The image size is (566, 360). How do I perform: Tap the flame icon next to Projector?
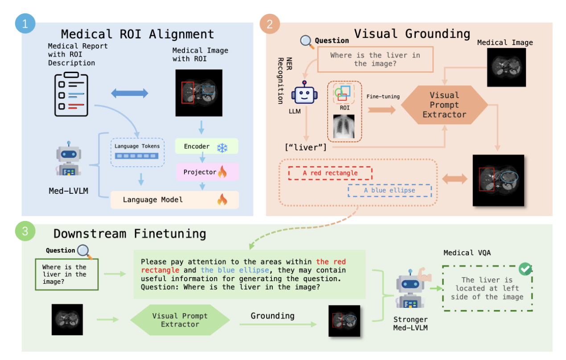coord(221,172)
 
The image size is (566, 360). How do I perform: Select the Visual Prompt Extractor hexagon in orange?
coord(444,105)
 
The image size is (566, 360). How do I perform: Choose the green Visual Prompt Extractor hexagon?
coord(180,320)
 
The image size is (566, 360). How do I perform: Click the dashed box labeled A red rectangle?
coord(330,173)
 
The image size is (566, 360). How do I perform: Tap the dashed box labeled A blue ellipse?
coord(390,190)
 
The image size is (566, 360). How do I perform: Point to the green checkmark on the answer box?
coord(526,269)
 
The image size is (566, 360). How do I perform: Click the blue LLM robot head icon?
coord(304,95)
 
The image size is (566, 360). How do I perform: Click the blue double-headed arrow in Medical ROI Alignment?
coord(129,93)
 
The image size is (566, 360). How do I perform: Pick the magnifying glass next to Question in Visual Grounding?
coord(307,41)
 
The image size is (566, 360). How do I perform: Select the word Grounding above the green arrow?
coord(272,316)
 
